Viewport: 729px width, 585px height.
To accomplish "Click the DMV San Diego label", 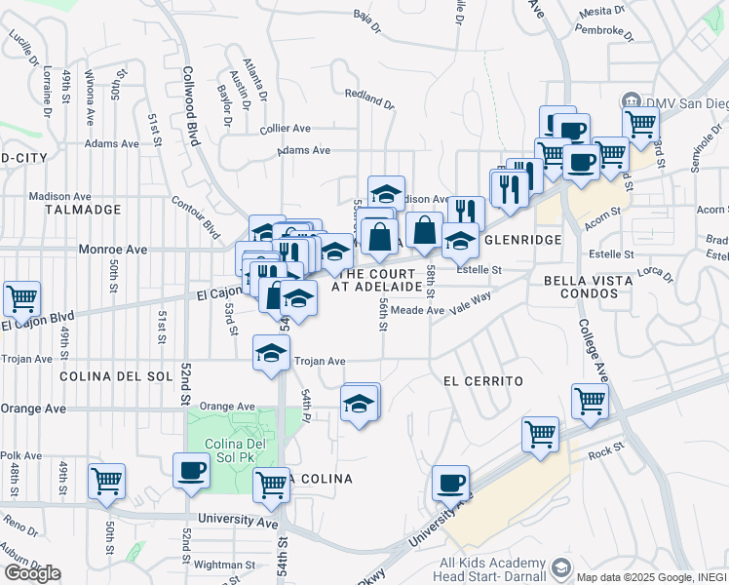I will pyautogui.click(x=680, y=102).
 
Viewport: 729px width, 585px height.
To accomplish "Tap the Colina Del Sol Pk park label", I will pyautogui.click(x=230, y=453).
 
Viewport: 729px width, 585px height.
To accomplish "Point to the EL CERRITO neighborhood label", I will pyautogui.click(x=482, y=380).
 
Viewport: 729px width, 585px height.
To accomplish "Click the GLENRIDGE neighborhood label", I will pyautogui.click(x=524, y=240).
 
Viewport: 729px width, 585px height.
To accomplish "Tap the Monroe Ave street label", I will pyautogui.click(x=115, y=250).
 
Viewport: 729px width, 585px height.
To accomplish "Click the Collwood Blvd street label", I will pyautogui.click(x=191, y=105).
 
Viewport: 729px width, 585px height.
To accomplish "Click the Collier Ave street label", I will pyautogui.click(x=285, y=128).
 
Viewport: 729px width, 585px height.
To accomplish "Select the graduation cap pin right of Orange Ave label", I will pyautogui.click(x=360, y=405).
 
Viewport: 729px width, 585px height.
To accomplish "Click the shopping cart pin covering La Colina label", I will pyautogui.click(x=272, y=486).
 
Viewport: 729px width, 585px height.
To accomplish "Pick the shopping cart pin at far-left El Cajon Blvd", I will pyautogui.click(x=22, y=298).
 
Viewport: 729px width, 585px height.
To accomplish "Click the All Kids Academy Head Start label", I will pyautogui.click(x=492, y=569).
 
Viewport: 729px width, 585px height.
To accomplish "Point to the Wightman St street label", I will pyautogui.click(x=224, y=564).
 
